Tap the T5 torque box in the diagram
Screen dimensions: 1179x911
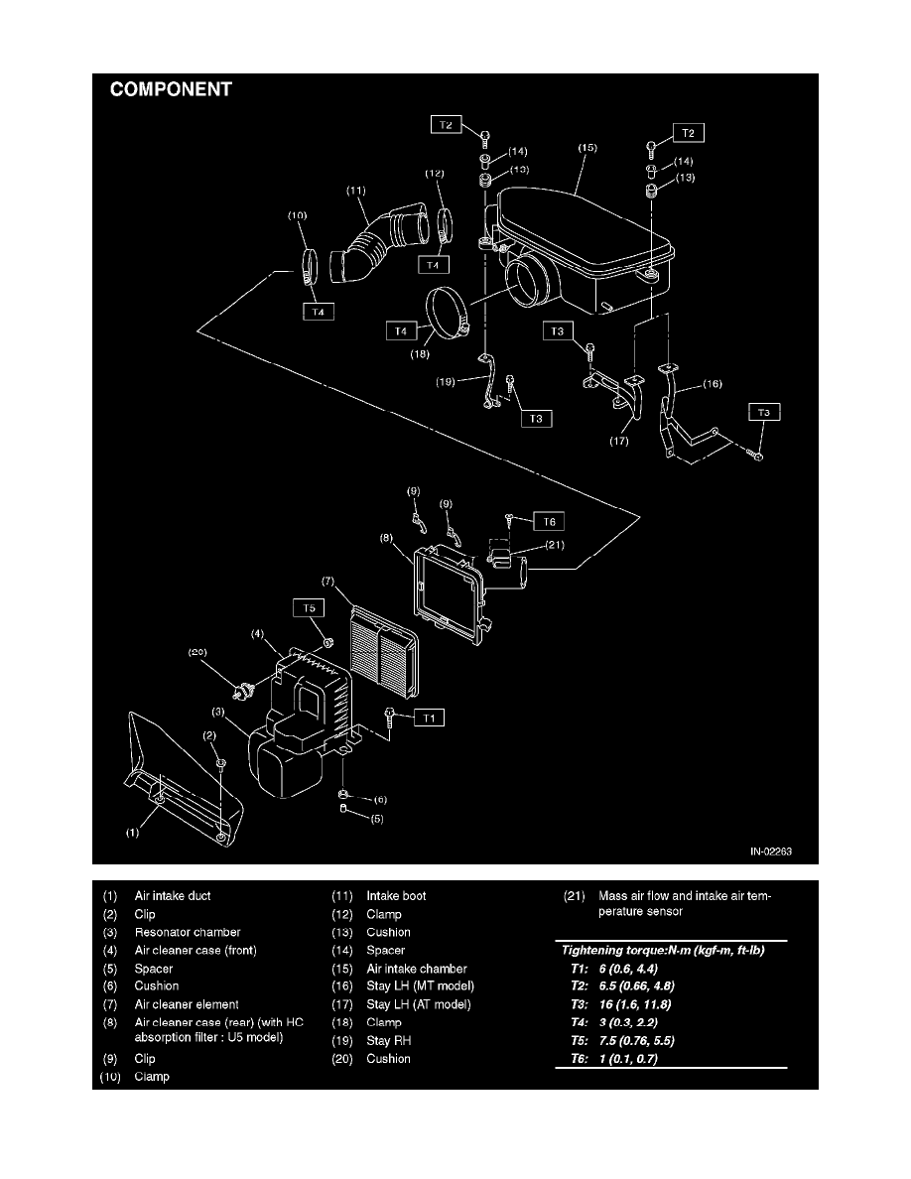(x=309, y=607)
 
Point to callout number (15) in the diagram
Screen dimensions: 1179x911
(x=588, y=148)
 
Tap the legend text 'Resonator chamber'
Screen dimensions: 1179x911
(x=188, y=932)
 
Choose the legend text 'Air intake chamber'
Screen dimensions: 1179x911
(x=416, y=969)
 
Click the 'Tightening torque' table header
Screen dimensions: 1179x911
(x=662, y=950)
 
